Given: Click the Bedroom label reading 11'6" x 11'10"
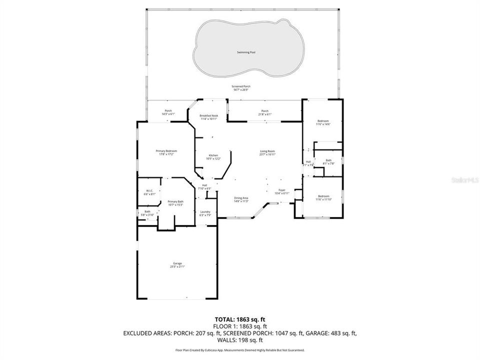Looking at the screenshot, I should (323, 197).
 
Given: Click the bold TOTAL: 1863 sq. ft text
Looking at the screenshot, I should (240, 318).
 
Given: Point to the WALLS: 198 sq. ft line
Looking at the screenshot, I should (240, 339).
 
